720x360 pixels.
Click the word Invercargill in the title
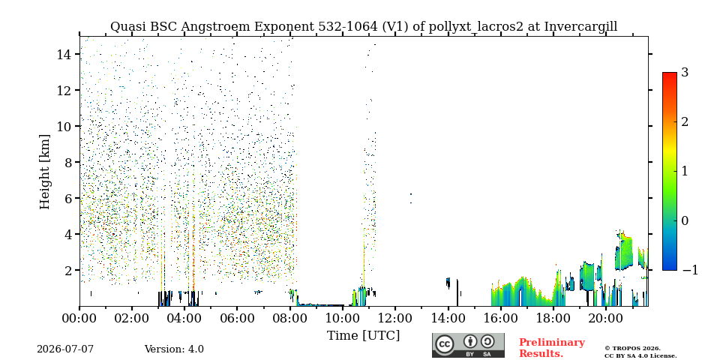[580, 27]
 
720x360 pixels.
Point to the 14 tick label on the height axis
[64, 54]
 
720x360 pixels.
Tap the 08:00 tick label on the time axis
[289, 317]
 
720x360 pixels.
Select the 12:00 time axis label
[395, 317]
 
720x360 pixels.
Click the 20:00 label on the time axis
[605, 317]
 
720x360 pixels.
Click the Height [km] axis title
[44, 172]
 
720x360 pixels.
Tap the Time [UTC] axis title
[363, 336]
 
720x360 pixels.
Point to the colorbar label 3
[685, 72]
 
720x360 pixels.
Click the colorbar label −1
[690, 270]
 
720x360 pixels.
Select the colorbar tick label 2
[685, 121]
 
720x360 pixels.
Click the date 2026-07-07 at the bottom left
[65, 349]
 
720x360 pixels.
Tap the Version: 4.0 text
[174, 349]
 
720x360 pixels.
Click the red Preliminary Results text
[552, 348]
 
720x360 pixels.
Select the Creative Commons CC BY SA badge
[468, 345]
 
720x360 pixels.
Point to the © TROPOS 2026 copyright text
[632, 349]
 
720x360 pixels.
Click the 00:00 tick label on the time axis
[80, 317]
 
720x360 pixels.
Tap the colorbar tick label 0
[685, 220]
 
